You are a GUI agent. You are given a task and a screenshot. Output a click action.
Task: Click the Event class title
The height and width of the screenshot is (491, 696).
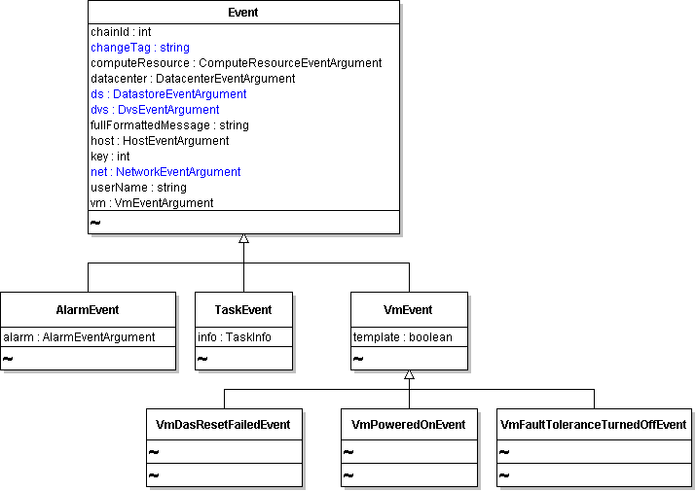pyautogui.click(x=242, y=13)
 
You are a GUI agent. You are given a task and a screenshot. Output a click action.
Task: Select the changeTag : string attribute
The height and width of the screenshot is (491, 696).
pyautogui.click(x=140, y=48)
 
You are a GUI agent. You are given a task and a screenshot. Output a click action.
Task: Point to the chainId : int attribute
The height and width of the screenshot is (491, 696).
pyautogui.click(x=121, y=32)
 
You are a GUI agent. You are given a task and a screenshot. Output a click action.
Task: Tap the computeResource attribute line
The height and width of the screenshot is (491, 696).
pyautogui.click(x=237, y=63)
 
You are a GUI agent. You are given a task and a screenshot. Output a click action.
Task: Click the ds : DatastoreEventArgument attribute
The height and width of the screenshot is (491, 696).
pyautogui.click(x=168, y=94)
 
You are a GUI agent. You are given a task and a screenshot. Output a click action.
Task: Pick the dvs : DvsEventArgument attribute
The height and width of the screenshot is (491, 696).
pyautogui.click(x=155, y=110)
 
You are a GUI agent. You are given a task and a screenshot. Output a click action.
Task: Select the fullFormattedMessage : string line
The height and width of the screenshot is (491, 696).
pyautogui.click(x=169, y=125)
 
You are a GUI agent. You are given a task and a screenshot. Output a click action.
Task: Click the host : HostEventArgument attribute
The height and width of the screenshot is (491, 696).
pyautogui.click(x=160, y=141)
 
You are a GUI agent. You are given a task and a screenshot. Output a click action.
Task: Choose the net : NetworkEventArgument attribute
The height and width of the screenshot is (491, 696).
pyautogui.click(x=165, y=172)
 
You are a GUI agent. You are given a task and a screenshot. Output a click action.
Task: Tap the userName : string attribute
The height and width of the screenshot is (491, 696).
pyautogui.click(x=138, y=188)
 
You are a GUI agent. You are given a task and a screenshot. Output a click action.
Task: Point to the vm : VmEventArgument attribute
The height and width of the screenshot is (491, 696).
pyautogui.click(x=152, y=202)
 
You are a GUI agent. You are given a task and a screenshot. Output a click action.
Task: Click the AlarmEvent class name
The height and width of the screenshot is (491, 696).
pyautogui.click(x=88, y=309)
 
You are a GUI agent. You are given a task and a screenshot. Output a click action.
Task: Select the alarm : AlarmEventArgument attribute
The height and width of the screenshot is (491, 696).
pyautogui.click(x=79, y=337)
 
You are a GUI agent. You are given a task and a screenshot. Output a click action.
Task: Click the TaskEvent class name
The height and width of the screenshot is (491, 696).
pyautogui.click(x=243, y=309)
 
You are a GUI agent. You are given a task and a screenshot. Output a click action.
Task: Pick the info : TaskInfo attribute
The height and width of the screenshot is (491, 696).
pyautogui.click(x=235, y=337)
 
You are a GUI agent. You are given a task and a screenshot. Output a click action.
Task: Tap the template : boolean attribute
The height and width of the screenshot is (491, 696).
pyautogui.click(x=403, y=337)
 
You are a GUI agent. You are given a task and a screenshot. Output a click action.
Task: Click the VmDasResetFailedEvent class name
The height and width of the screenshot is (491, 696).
pyautogui.click(x=223, y=425)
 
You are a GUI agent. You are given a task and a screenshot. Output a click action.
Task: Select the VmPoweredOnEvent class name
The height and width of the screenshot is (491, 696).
pyautogui.click(x=409, y=425)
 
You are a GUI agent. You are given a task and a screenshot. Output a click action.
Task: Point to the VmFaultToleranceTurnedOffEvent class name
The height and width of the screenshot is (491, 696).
pyautogui.click(x=594, y=425)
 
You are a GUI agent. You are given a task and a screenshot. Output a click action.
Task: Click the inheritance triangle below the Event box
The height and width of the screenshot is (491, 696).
pyautogui.click(x=243, y=238)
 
